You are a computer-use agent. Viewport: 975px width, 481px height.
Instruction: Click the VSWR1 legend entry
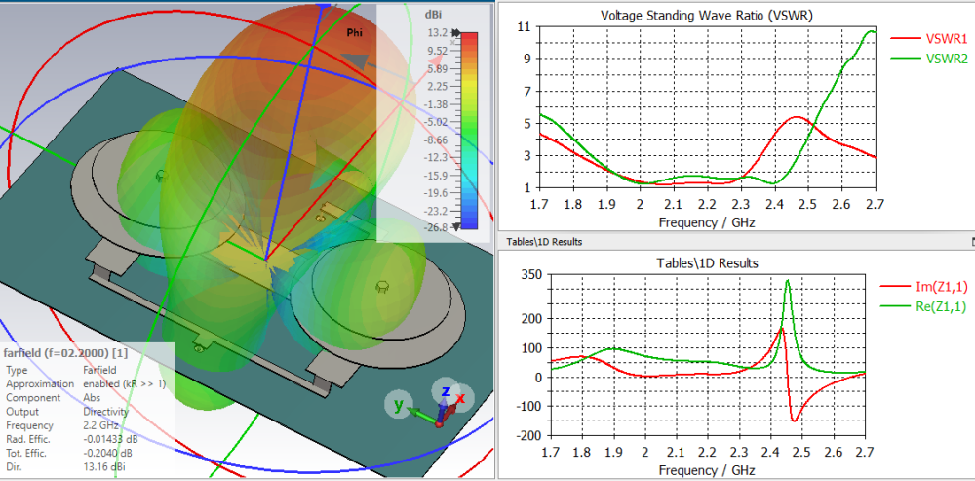coord(946,39)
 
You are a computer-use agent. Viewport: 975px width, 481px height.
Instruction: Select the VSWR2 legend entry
coord(946,59)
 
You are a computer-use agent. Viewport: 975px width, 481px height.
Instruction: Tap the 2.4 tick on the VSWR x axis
coord(774,204)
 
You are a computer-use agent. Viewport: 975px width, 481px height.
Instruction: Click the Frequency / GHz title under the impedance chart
coord(707,470)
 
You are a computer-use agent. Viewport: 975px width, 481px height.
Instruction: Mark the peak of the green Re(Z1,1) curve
coord(788,281)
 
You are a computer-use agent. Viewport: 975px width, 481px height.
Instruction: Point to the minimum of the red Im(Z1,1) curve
coord(795,421)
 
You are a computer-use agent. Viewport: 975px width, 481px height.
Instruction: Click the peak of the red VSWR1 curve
coord(797,117)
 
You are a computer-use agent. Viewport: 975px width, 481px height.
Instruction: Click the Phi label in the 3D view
coord(355,33)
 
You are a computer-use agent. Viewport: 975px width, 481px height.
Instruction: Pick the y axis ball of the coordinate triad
coord(398,404)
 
